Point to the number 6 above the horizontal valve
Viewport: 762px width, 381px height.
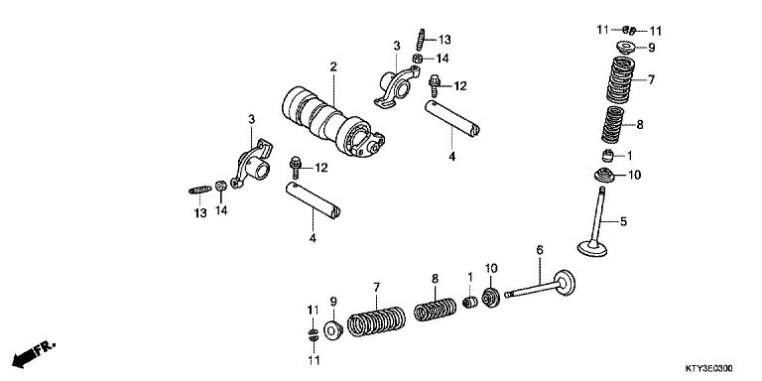pos(540,250)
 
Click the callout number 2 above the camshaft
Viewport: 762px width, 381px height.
pos(333,66)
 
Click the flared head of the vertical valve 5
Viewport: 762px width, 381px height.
pos(594,249)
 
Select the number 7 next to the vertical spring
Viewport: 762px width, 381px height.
pos(652,79)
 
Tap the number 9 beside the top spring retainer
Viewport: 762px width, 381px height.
pos(651,47)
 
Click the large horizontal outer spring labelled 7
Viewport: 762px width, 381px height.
pos(377,321)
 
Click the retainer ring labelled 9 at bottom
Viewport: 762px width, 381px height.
pos(333,324)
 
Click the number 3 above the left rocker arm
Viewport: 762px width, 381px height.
pos(251,120)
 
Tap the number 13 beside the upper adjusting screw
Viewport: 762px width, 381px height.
pos(444,39)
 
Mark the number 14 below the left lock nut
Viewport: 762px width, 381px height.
pos(221,211)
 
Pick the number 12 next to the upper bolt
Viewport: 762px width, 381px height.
pos(460,86)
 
